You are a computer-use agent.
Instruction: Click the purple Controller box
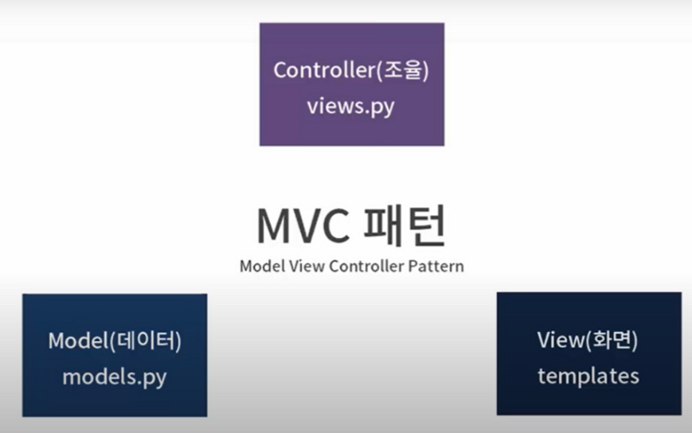352,84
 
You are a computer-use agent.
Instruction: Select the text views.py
351,107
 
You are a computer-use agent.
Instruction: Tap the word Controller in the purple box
324,70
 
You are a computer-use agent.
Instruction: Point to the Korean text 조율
402,70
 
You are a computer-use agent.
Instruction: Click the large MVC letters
303,227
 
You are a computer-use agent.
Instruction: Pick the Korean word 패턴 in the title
404,225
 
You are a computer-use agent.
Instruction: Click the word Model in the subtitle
262,267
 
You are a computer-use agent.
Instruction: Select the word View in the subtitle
307,267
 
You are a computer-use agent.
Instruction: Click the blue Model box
115,356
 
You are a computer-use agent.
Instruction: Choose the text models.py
115,378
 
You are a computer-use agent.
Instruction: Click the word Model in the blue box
78,341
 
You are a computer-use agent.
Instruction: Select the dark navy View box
589,353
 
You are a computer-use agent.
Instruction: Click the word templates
588,376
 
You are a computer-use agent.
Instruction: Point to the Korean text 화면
612,340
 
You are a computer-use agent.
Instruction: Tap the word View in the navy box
561,340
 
